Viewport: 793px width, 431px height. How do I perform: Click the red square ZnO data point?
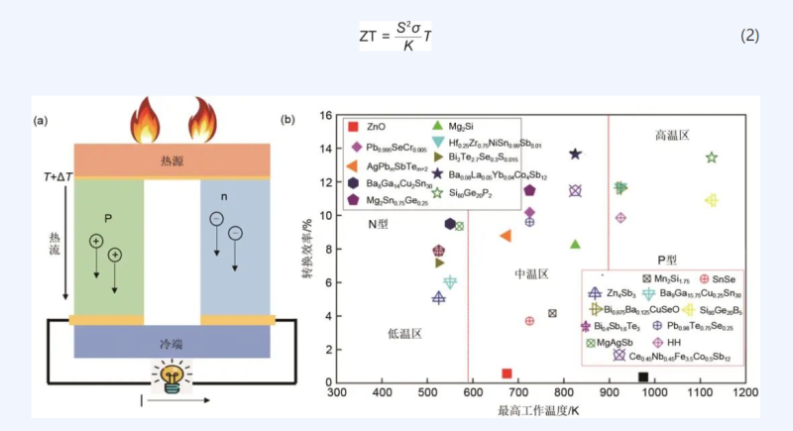pyautogui.click(x=508, y=374)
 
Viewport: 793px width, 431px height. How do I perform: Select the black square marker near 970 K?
pyautogui.click(x=642, y=377)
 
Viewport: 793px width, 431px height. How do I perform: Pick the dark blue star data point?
pyautogui.click(x=575, y=154)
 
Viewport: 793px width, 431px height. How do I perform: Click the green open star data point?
pyautogui.click(x=711, y=158)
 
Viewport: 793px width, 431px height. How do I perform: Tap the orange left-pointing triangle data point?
pyautogui.click(x=506, y=236)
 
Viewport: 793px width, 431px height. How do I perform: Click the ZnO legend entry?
pyautogui.click(x=369, y=128)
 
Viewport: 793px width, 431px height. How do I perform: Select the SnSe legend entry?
pyautogui.click(x=717, y=279)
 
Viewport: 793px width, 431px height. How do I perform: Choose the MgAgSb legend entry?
pyautogui.click(x=611, y=342)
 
